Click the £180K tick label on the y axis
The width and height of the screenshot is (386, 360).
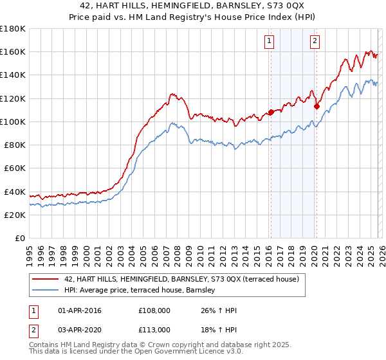[13, 29]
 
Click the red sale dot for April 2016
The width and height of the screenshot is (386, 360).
[271, 112]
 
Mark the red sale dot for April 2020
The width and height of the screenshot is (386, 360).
[317, 107]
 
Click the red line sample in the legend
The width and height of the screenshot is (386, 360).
[46, 280]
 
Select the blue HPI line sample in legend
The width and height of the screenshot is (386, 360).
[46, 291]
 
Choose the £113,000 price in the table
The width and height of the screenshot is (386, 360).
[154, 329]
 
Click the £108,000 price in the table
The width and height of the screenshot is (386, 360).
[154, 311]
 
